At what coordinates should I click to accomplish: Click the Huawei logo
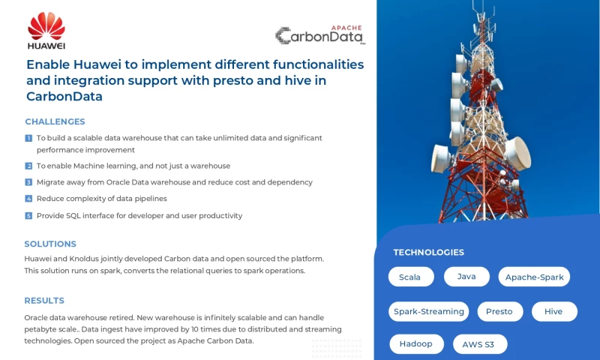tap(46, 30)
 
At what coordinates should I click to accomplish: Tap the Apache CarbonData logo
tap(319, 34)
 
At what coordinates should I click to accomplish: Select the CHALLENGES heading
tap(55, 121)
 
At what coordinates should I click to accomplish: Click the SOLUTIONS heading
tap(50, 244)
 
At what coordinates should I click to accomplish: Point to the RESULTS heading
tap(44, 301)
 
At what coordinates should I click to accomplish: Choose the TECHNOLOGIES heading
tap(428, 253)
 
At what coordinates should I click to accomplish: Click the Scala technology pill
tap(410, 277)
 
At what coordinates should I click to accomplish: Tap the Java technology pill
tap(466, 277)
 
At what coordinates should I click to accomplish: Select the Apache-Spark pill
tap(534, 277)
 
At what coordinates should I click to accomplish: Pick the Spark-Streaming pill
tap(428, 311)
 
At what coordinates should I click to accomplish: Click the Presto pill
tap(499, 311)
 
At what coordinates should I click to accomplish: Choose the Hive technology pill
tap(553, 311)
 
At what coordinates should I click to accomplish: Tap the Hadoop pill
tap(416, 344)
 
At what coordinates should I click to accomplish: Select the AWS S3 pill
tap(479, 344)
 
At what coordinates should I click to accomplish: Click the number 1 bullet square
tap(28, 138)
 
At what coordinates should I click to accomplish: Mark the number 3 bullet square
tap(28, 182)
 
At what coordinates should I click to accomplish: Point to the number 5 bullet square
tap(28, 216)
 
